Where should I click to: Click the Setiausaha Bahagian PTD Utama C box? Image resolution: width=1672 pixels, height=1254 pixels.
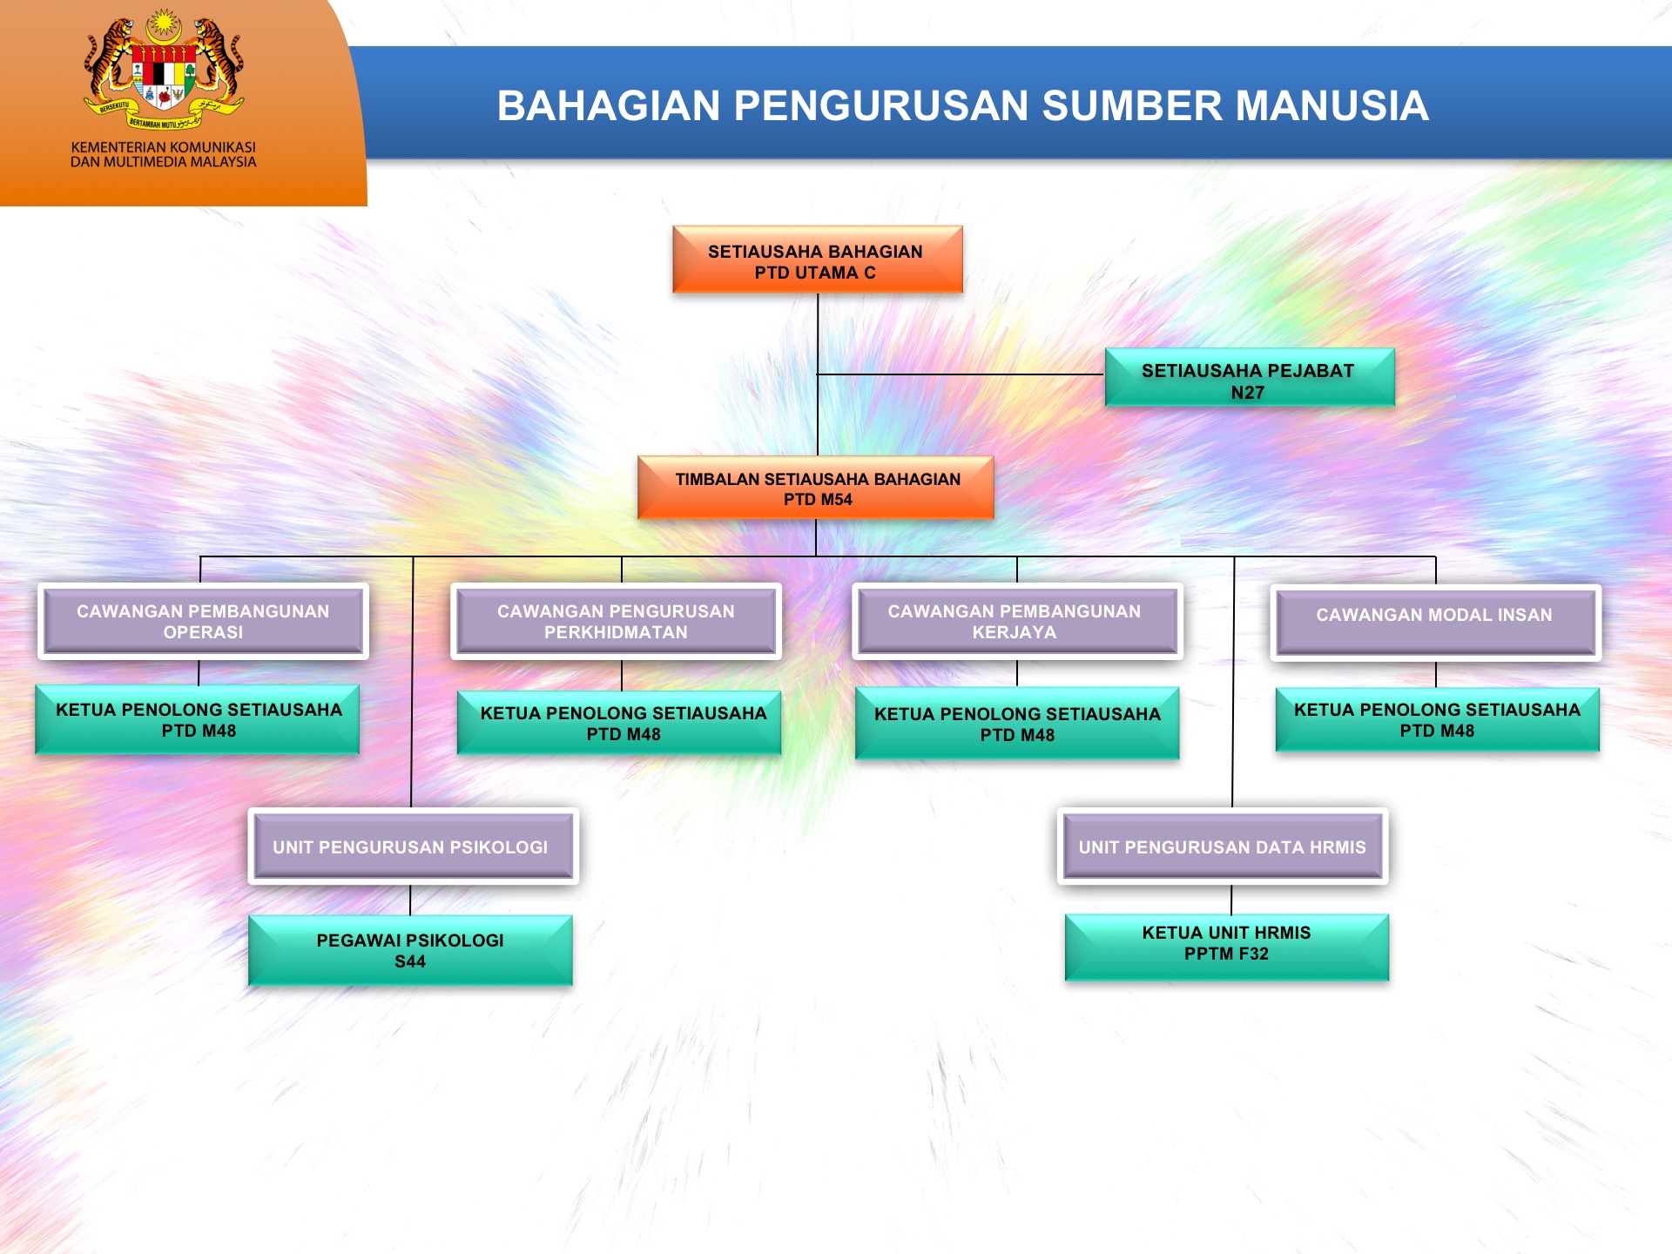point(818,260)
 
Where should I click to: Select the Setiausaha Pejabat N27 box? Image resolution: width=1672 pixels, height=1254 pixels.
point(1250,377)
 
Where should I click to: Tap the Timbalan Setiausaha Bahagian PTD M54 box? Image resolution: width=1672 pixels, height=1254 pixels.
point(816,488)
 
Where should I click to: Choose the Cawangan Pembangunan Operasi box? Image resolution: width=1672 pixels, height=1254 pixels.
point(203,621)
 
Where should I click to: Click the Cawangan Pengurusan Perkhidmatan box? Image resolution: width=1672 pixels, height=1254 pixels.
point(616,621)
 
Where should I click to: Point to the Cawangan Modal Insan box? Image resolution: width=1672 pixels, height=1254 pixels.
point(1435,622)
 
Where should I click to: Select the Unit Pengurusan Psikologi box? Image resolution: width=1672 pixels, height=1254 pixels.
point(413,846)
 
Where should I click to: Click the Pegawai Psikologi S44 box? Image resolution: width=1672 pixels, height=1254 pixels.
point(410,950)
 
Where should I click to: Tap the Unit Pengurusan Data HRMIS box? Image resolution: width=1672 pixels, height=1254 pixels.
point(1223,846)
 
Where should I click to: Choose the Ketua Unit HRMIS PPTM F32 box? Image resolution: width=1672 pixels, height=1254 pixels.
point(1227,947)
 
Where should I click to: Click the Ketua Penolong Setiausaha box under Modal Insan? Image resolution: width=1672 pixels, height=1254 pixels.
point(1438,719)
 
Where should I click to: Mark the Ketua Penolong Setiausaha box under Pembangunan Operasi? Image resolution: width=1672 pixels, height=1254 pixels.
point(198,719)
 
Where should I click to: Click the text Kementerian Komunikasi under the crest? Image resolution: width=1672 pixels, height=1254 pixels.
point(164,147)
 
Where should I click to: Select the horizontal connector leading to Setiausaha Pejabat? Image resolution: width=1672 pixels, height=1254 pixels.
point(961,374)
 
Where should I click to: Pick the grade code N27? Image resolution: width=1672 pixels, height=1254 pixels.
point(1248,393)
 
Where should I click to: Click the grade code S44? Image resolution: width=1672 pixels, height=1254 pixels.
point(410,961)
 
